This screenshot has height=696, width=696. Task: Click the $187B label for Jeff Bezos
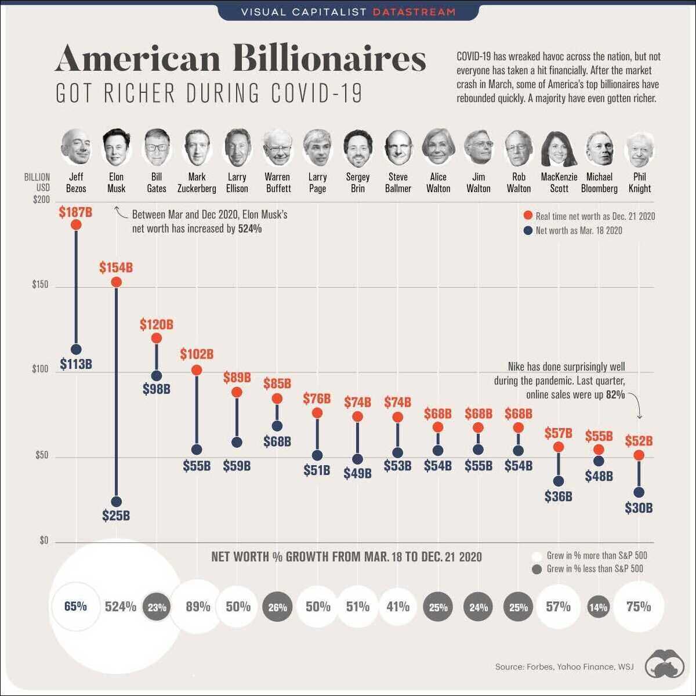point(75,212)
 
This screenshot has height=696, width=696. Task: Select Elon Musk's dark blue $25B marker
point(116,502)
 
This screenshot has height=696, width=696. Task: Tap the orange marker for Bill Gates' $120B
point(156,338)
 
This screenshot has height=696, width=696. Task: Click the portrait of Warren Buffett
point(277,147)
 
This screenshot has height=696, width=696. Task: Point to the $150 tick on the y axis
point(40,286)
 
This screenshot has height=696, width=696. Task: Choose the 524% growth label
point(121,607)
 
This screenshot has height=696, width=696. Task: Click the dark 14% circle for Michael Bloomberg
point(598,607)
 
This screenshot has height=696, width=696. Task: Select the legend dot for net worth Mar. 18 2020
point(528,230)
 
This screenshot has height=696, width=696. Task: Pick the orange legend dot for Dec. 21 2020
point(528,216)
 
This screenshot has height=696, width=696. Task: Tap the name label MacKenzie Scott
point(559,183)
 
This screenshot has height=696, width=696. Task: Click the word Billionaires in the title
point(329,60)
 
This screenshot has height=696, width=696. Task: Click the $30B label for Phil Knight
point(639,508)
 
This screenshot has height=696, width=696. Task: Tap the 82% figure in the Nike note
point(615,394)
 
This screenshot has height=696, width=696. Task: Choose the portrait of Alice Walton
point(438,147)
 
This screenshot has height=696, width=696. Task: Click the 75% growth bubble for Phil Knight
point(639,607)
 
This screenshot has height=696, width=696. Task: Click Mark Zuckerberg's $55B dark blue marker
point(197,449)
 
